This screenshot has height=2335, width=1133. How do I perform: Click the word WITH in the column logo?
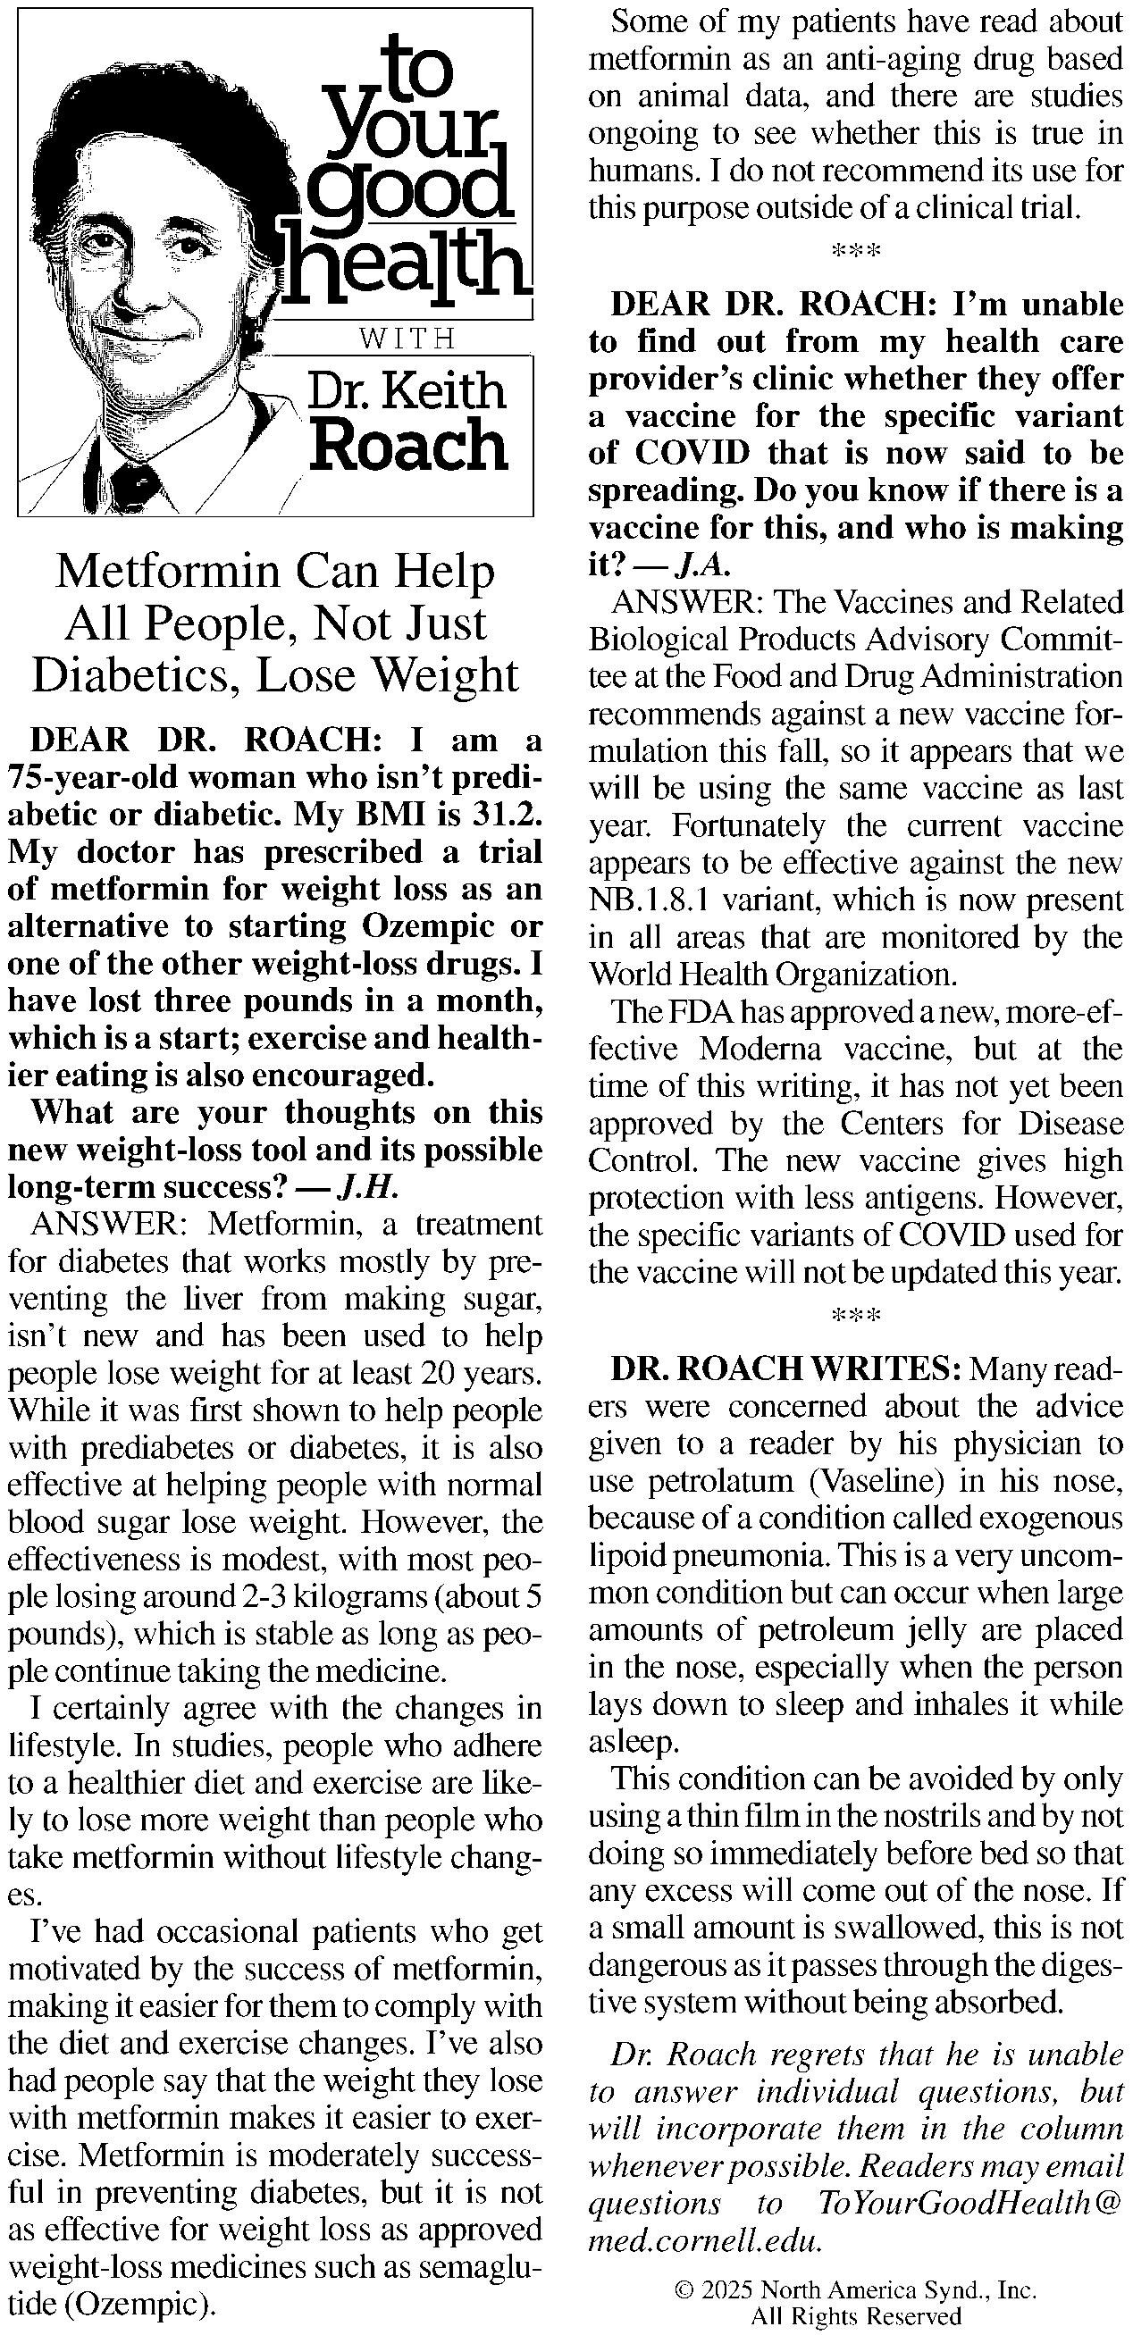pyautogui.click(x=407, y=339)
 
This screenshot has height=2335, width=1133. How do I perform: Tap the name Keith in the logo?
pyautogui.click(x=444, y=391)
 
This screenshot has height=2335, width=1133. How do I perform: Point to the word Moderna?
pyautogui.click(x=762, y=1049)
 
